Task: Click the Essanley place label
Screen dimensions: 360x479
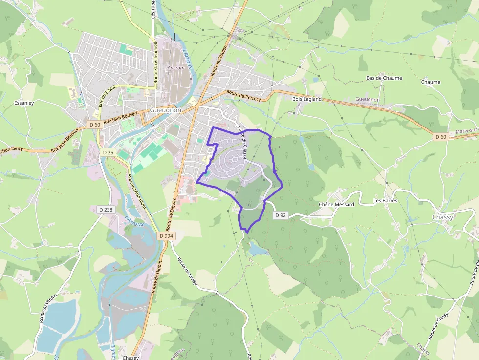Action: [x=24, y=103]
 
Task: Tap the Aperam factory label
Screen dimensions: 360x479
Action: [x=176, y=68]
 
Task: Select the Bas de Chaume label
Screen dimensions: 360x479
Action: [x=384, y=78]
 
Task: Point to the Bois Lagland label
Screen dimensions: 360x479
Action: [x=307, y=99]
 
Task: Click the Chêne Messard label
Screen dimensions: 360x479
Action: [x=336, y=204]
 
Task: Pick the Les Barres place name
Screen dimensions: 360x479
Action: [x=385, y=201]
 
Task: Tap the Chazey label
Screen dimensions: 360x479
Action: [x=131, y=358]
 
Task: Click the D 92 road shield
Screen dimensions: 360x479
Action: [x=280, y=215]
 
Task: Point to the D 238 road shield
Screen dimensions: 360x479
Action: [x=106, y=210]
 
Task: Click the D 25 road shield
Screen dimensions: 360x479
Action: [x=108, y=153]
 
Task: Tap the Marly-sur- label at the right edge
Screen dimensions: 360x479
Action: [x=466, y=131]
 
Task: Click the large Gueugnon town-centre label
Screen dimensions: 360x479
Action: [x=166, y=110]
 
